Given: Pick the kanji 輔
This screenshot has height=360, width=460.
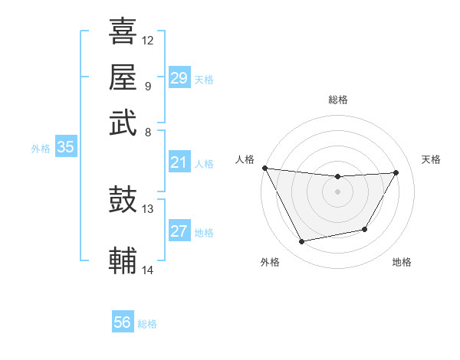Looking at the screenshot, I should pyautogui.click(x=123, y=260).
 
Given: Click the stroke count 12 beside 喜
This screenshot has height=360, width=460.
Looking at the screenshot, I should pyautogui.click(x=148, y=40).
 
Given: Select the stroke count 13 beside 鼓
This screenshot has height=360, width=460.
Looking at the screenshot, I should pyautogui.click(x=148, y=208).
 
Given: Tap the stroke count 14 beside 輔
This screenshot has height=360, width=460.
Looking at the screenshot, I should pyautogui.click(x=148, y=270).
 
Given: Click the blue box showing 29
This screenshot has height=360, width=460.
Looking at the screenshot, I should pyautogui.click(x=179, y=78).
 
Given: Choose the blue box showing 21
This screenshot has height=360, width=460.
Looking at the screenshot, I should pyautogui.click(x=179, y=162).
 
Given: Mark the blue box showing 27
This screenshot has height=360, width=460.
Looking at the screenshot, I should pyautogui.click(x=179, y=232).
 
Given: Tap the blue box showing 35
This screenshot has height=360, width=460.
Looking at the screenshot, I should pyautogui.click(x=65, y=148).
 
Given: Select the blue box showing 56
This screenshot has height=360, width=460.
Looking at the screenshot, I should pyautogui.click(x=122, y=322).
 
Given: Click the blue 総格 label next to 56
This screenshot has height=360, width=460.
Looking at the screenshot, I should pyautogui.click(x=147, y=324).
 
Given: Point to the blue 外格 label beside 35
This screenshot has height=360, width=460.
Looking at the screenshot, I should pyautogui.click(x=41, y=149).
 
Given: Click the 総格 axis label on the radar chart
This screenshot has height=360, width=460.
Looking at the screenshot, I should pyautogui.click(x=337, y=100).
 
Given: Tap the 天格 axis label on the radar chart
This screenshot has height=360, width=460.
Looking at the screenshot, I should pyautogui.click(x=432, y=159).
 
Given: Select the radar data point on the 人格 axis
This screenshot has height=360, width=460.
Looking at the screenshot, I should pyautogui.click(x=264, y=168).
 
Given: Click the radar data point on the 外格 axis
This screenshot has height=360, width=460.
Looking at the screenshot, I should pyautogui.click(x=301, y=242).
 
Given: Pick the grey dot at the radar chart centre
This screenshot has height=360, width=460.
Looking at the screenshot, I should pyautogui.click(x=337, y=191).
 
